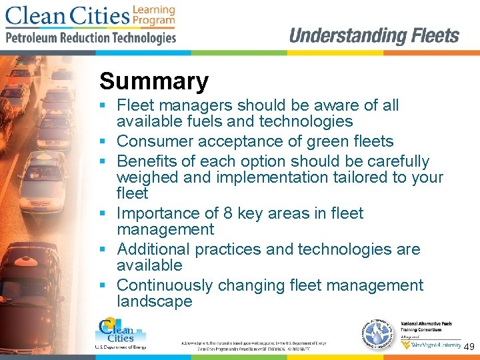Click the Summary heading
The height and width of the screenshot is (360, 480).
(x=154, y=82)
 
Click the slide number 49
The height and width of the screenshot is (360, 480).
(x=469, y=347)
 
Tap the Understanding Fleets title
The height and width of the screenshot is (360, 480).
(x=374, y=35)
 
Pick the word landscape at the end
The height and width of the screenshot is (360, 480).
(x=154, y=301)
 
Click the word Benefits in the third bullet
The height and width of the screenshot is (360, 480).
(x=146, y=161)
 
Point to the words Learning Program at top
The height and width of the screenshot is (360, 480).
(x=153, y=15)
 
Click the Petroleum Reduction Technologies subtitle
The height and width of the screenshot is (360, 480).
(x=91, y=38)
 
